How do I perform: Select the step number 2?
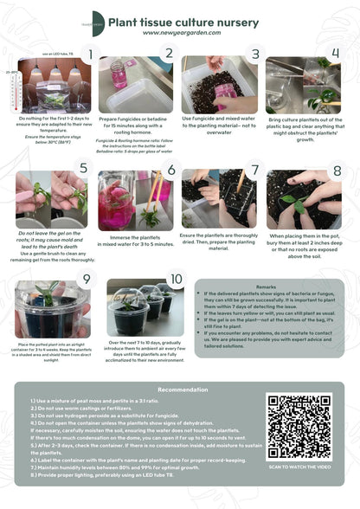[170, 54]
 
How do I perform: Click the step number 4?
[336, 54]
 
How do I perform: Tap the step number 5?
[84, 168]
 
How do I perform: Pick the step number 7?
[254, 169]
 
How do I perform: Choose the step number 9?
[86, 279]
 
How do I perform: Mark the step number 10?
[176, 279]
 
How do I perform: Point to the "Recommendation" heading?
[183, 390]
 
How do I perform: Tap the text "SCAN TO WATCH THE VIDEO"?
[299, 467]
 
